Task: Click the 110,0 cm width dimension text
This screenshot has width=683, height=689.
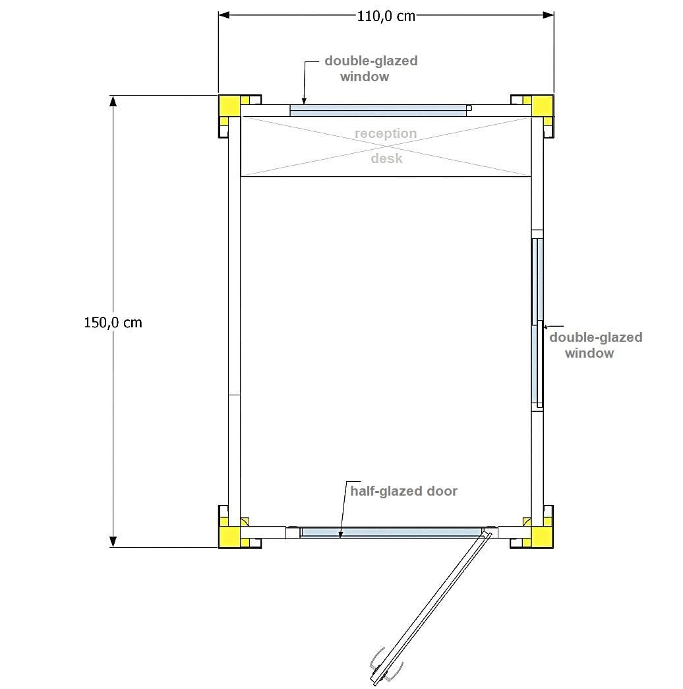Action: click(x=386, y=16)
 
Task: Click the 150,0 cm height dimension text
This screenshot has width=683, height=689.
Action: click(x=113, y=323)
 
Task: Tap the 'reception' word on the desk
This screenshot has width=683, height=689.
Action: click(x=386, y=133)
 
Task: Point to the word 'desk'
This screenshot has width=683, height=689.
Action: click(x=386, y=158)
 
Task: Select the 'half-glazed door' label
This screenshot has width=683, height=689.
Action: click(x=404, y=491)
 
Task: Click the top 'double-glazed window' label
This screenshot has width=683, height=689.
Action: click(x=371, y=69)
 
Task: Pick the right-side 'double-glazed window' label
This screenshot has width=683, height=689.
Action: click(x=596, y=345)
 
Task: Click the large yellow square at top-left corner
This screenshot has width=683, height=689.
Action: click(x=229, y=106)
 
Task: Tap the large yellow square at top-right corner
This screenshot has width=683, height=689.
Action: click(x=543, y=106)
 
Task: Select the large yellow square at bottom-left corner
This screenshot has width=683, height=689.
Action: click(x=229, y=537)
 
